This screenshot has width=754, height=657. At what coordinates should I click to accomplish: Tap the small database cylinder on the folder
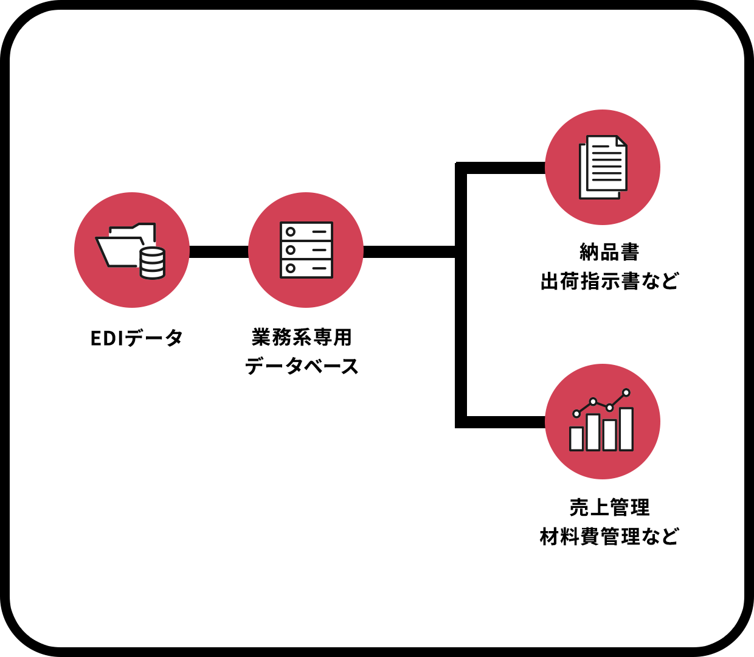152,263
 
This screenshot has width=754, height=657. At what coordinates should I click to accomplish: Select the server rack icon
306,250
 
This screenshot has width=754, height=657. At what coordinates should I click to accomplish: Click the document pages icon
603,167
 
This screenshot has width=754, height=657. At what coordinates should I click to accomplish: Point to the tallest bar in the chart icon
626,429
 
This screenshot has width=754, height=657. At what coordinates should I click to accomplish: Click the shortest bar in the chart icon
576,439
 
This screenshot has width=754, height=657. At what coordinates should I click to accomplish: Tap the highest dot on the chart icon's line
626,393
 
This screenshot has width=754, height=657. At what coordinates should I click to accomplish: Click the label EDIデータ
137,338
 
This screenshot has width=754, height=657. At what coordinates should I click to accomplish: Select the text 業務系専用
302,337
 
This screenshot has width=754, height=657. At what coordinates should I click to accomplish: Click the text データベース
302,366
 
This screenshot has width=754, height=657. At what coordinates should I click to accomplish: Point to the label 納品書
609,252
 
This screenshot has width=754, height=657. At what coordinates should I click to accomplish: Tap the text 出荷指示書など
609,281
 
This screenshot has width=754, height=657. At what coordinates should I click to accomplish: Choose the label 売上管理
609,507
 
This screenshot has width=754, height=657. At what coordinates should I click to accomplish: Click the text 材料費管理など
609,537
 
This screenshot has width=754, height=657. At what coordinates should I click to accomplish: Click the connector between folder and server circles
219,252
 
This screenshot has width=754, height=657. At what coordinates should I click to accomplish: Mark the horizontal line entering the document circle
505,168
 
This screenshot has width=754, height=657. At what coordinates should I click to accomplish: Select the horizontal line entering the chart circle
505,422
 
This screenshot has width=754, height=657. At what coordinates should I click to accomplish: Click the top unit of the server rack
306,232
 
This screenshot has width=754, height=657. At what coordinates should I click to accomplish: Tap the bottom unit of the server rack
306,268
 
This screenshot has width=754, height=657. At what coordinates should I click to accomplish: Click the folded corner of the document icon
621,141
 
